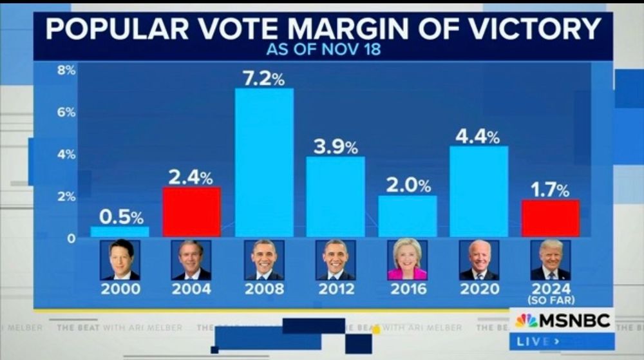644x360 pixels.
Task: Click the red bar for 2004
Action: pos(191,212)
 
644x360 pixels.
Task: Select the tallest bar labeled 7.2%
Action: pos(264,162)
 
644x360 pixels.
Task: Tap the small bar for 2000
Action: pos(120,231)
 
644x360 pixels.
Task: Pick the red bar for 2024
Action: pos(551,218)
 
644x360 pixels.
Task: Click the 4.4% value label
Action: pos(477,137)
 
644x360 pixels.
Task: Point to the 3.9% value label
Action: pos(336,147)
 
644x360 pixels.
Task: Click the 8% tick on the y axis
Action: pos(66,70)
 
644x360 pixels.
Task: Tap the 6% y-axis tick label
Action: pos(66,112)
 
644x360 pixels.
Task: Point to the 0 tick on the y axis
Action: pos(71,238)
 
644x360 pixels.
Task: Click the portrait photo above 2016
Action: pos(407,260)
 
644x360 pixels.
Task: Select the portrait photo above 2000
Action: pos(120,260)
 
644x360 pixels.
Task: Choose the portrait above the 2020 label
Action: pos(478,260)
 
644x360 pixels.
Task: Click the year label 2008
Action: pos(264,289)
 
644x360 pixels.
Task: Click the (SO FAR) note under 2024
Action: pos(551,300)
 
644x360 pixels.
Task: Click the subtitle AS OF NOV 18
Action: pos(324,50)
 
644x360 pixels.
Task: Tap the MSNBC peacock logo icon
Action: pos(526,320)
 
